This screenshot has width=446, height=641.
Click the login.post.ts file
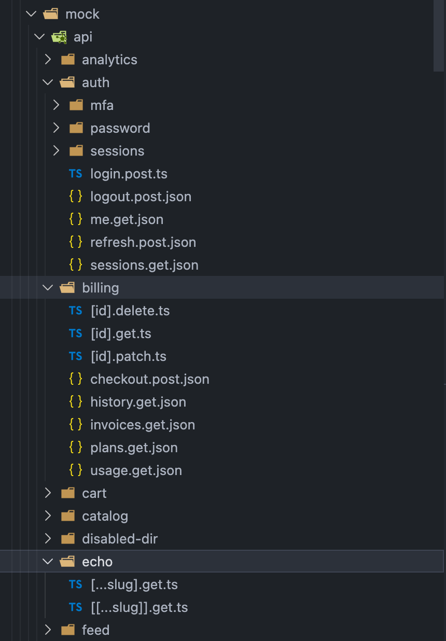pyautogui.click(x=129, y=174)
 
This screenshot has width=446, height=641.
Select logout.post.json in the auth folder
pyautogui.click(x=141, y=197)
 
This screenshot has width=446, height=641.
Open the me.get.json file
pyautogui.click(x=127, y=219)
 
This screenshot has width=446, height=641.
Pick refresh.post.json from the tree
pyautogui.click(x=143, y=242)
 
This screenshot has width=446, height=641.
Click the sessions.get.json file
pyautogui.click(x=144, y=265)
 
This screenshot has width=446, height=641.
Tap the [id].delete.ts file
pyautogui.click(x=130, y=311)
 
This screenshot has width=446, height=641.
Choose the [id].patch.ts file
pyautogui.click(x=128, y=356)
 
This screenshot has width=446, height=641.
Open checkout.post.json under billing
pyautogui.click(x=149, y=379)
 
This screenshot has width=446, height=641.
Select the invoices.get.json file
pyautogui.click(x=143, y=425)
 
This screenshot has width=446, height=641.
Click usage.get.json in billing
pyautogui.click(x=136, y=470)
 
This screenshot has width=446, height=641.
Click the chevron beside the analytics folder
pyautogui.click(x=48, y=60)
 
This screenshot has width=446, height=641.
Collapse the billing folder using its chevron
pyautogui.click(x=48, y=288)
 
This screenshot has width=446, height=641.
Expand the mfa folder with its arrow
pyautogui.click(x=57, y=105)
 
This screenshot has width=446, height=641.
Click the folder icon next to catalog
pyautogui.click(x=68, y=516)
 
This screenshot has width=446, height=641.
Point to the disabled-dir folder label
pyautogui.click(x=120, y=539)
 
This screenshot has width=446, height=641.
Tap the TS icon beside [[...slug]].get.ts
pyautogui.click(x=76, y=607)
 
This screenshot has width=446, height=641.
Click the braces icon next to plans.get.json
pyautogui.click(x=76, y=448)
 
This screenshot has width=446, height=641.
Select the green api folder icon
pyautogui.click(x=58, y=37)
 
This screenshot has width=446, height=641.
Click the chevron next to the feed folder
pyautogui.click(x=48, y=630)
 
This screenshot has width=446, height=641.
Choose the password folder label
pyautogui.click(x=120, y=128)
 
